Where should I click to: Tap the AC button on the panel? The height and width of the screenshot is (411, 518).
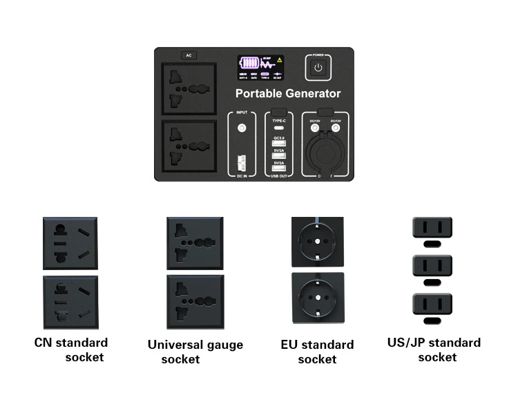[x=189, y=55]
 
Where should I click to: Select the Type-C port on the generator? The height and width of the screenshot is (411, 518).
[x=278, y=128]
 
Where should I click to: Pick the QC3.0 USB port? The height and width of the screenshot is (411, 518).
[x=278, y=144]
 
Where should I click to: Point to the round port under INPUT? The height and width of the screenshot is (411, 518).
[x=242, y=128]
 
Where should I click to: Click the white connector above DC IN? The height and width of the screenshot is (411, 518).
[x=241, y=163]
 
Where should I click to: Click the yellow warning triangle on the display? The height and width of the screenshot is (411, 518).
[x=280, y=60]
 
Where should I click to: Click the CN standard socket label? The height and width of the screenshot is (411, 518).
[x=71, y=350]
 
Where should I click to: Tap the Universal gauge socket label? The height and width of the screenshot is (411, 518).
[x=195, y=352]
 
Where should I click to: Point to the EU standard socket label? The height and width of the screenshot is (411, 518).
[x=317, y=352]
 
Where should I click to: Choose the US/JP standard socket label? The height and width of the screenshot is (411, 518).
[x=434, y=350]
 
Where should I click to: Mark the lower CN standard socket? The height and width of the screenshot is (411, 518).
[x=70, y=302]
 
